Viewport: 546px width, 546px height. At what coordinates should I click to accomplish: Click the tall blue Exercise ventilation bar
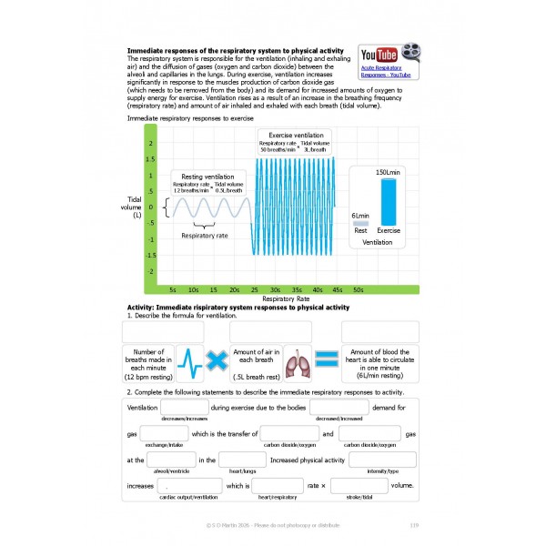click(389, 201)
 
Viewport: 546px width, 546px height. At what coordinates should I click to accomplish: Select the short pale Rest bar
click(360, 222)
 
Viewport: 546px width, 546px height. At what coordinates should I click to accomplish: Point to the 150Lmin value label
click(388, 172)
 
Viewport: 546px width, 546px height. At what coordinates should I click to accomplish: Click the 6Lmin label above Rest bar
click(360, 215)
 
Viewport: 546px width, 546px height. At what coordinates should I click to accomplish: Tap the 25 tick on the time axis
click(255, 289)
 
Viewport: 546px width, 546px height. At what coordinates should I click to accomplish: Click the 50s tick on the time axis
click(359, 289)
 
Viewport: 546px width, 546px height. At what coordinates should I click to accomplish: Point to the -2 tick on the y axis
click(150, 272)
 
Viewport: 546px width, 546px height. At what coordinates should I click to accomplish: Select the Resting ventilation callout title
click(207, 177)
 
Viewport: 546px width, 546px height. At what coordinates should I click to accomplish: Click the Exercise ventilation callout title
click(294, 135)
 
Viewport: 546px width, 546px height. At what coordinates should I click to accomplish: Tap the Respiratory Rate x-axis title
click(287, 298)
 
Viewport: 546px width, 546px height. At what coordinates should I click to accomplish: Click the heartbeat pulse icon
click(187, 361)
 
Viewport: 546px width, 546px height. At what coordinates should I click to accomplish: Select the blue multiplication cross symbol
click(216, 361)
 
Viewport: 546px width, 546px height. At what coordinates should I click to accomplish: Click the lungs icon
click(297, 361)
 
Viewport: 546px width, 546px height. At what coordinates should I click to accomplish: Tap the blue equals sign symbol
click(327, 361)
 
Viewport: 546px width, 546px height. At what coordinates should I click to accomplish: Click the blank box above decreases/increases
click(184, 409)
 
